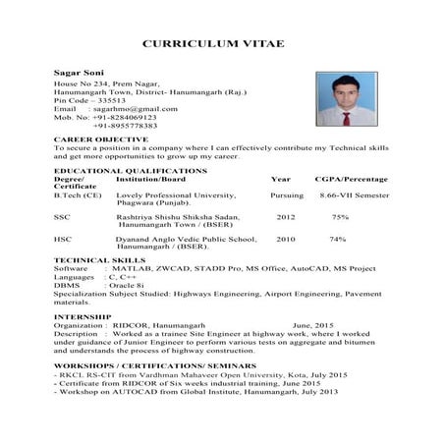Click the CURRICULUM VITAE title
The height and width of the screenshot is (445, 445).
pyautogui.click(x=221, y=44)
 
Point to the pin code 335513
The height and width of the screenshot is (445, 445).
pyautogui.click(x=106, y=100)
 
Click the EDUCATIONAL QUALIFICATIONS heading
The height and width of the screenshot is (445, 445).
pyautogui.click(x=130, y=171)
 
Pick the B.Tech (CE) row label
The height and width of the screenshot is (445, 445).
pyautogui.click(x=78, y=196)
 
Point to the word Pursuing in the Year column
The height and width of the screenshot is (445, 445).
pyautogui.click(x=287, y=196)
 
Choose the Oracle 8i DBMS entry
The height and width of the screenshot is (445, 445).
pyautogui.click(x=127, y=285)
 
